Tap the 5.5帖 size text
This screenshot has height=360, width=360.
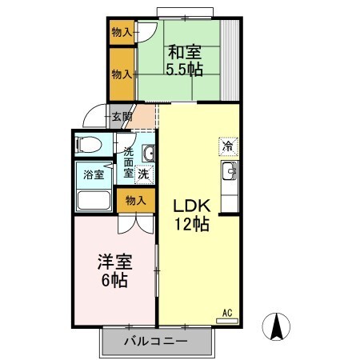pyautogui.click(x=185, y=69)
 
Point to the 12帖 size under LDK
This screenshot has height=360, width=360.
pyautogui.click(x=192, y=225)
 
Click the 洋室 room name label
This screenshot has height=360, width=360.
pyautogui.click(x=114, y=263)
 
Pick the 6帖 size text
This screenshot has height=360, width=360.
pyautogui.click(x=114, y=282)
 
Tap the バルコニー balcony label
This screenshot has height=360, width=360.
pyautogui.click(x=156, y=342)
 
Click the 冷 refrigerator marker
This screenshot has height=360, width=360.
pyautogui.click(x=228, y=146)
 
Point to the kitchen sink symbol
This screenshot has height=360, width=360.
pyautogui.click(x=228, y=170)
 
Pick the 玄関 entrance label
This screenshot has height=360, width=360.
pyautogui.click(x=122, y=117)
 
